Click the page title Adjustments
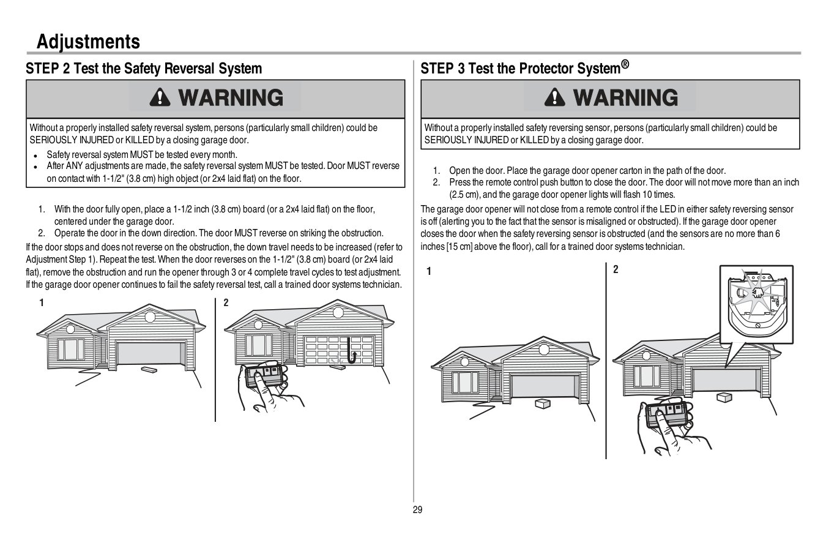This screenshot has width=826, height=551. pos(88,42)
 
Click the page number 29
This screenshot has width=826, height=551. pos(417,510)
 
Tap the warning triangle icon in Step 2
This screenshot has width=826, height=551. pos(160,98)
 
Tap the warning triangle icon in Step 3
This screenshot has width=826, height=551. pos(554,98)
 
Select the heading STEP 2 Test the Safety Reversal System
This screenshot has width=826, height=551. pos(144,69)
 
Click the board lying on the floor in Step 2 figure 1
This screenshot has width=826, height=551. pos(149,369)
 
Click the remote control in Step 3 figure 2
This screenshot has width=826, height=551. pos(668,414)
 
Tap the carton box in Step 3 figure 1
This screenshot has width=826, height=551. pos(542,403)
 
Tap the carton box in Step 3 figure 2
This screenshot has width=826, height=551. pos(724,397)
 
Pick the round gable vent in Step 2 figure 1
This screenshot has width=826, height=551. pos(149,317)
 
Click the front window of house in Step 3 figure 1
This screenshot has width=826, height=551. pos(465,382)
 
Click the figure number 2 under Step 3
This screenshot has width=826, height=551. pos(616,270)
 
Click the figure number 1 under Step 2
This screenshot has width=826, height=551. pos(42,302)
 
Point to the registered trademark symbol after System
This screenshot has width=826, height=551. pos(625,64)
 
